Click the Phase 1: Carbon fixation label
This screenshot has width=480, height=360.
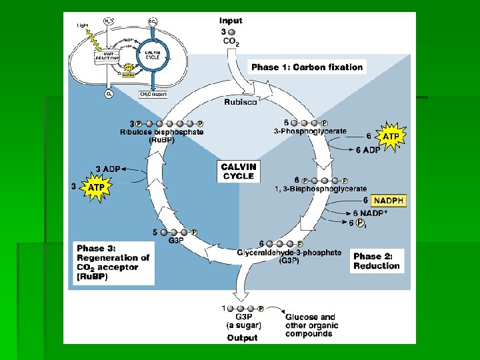pos(307,67)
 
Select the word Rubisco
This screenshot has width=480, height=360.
pos(240,102)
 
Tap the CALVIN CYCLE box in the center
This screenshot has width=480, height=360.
pos(239,171)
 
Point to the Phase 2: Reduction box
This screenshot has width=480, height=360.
pos(377,261)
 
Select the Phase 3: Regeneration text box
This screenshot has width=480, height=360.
pos(113,262)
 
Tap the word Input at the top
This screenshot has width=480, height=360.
pos(231,21)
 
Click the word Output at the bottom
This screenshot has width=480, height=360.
pos(242,337)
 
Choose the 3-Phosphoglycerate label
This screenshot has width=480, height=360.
pos(310,131)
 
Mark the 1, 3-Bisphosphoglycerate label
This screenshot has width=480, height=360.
pos(321,189)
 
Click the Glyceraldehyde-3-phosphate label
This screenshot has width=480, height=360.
pos(289,253)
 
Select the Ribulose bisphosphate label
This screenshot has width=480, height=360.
pos(161,132)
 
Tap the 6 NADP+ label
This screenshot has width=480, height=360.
pos(370,213)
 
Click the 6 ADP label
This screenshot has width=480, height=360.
pos(367,149)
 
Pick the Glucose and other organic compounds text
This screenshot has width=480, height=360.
pos(311,325)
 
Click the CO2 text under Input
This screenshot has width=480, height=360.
pos(231,41)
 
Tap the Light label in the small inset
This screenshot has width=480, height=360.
pos(82,25)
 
